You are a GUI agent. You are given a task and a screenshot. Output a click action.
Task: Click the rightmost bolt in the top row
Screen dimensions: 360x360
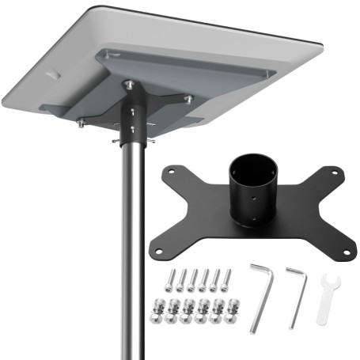coord(227,279)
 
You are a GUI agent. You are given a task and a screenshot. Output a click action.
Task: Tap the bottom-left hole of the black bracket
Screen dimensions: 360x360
coord(159,251)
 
